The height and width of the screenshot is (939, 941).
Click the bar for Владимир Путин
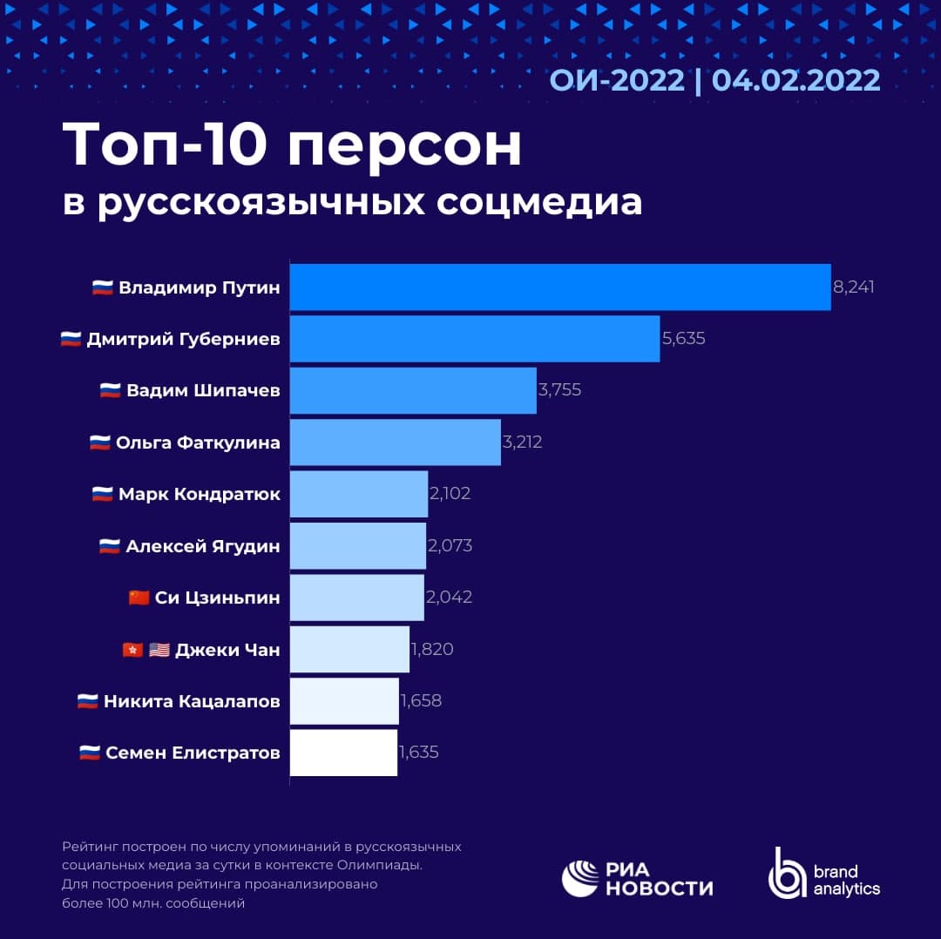559,287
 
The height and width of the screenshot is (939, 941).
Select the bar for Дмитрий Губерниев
474,339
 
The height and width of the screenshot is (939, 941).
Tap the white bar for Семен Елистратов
343,753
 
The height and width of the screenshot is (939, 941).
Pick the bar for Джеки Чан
349,649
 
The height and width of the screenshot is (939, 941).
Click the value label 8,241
853,287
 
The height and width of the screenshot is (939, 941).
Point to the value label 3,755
559,390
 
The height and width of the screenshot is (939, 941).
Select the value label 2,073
450,546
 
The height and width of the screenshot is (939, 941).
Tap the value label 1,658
421,701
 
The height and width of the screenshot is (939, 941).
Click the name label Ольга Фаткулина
198,442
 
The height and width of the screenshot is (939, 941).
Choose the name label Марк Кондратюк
200,494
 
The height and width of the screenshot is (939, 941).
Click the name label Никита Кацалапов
192,701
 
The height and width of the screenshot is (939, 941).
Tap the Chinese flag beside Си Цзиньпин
139,598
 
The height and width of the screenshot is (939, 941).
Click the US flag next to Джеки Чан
159,650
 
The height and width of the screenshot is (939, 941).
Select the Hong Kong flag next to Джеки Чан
132,650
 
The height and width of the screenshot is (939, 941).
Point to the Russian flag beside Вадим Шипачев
110,391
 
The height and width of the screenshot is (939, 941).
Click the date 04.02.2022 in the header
795,80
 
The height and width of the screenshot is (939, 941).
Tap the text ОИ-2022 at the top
617,80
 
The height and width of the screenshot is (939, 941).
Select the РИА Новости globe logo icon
579,878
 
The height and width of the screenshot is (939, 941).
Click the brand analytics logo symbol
787,873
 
